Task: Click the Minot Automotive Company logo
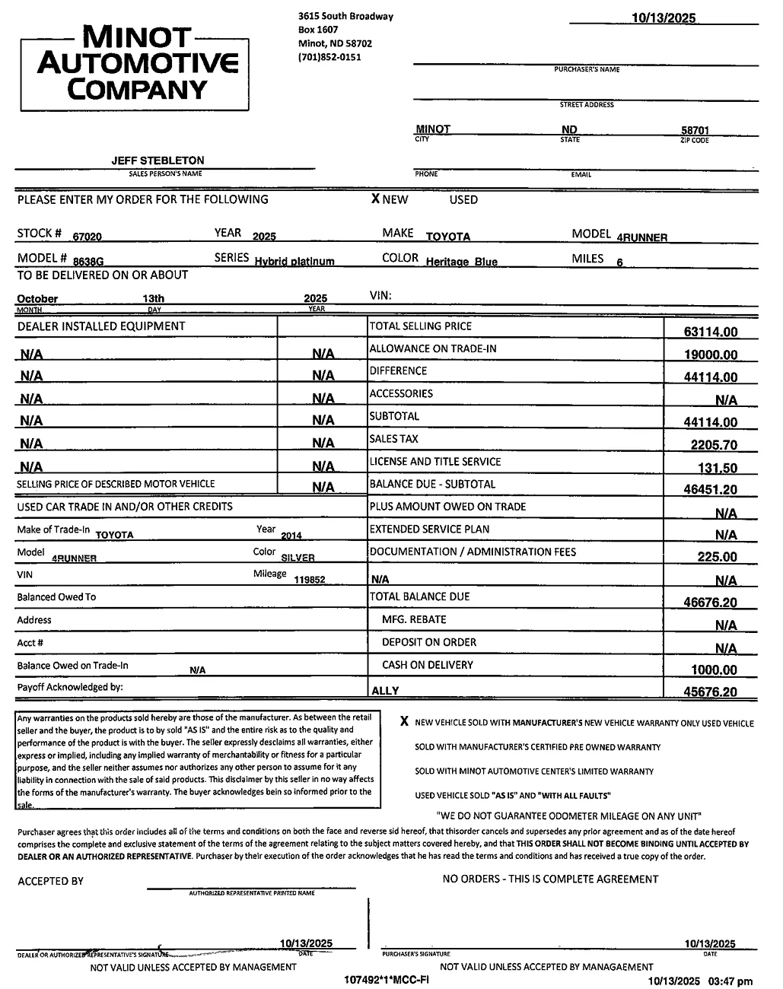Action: click(x=135, y=64)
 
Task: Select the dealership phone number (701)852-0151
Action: click(x=330, y=57)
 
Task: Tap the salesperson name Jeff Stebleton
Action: click(x=158, y=161)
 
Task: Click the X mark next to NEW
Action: click(x=375, y=199)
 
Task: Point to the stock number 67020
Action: click(x=88, y=237)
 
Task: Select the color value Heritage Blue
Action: click(x=461, y=262)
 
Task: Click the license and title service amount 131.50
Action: click(x=718, y=468)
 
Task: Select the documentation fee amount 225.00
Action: click(x=717, y=557)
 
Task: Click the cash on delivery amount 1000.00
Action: click(x=714, y=670)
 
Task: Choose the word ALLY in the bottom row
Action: click(x=384, y=692)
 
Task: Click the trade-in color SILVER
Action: click(x=298, y=558)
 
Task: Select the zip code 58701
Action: click(x=695, y=131)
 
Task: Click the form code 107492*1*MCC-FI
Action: click(x=387, y=980)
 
